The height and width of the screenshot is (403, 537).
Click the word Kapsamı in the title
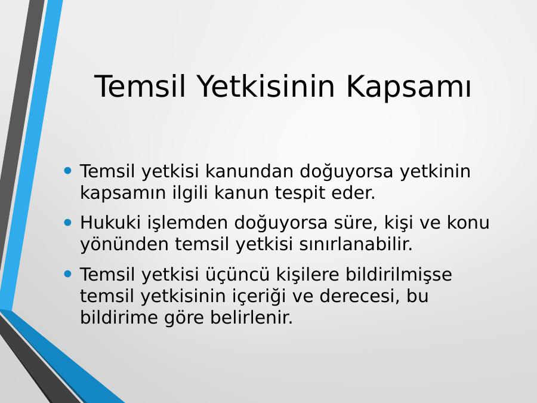[x=409, y=87]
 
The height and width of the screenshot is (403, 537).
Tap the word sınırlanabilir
[x=356, y=244]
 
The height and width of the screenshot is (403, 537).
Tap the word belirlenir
[x=252, y=318]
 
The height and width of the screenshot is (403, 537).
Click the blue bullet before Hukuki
[x=68, y=223]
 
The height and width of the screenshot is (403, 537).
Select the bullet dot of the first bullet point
[x=68, y=170]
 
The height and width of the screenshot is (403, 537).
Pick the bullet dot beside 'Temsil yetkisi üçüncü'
[x=68, y=274]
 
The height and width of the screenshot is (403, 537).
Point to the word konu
[x=468, y=223]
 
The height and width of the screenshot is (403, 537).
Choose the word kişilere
[x=307, y=275]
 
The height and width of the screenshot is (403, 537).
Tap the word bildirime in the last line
[x=119, y=318]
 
